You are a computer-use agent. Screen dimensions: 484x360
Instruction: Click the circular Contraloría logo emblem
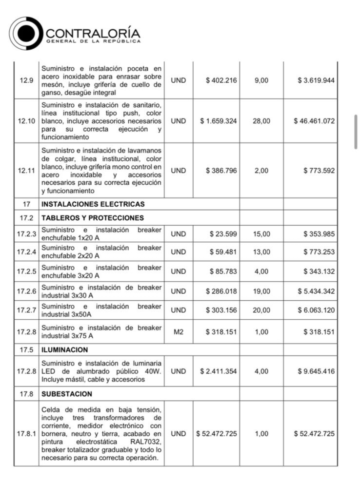26,33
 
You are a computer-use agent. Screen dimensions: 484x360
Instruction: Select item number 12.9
26,80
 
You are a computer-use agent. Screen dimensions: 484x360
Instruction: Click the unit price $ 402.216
221,80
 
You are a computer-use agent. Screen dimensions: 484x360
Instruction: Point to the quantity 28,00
261,121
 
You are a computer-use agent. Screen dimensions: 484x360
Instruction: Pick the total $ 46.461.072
314,121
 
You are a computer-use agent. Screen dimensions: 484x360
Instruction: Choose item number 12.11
26,171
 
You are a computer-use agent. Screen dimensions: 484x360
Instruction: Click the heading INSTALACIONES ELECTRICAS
93,204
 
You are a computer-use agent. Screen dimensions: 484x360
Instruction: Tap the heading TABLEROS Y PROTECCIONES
92,217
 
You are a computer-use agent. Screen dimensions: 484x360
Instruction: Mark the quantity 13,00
261,252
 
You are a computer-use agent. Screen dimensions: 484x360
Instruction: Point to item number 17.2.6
26,291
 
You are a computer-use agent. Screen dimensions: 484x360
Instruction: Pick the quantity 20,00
261,310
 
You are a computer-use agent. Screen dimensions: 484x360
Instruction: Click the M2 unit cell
179,332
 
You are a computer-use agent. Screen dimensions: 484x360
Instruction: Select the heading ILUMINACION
65,350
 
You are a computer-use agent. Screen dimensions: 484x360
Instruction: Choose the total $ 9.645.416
316,371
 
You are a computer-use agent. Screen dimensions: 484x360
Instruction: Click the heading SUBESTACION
67,393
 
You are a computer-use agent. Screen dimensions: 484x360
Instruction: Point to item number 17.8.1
26,433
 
